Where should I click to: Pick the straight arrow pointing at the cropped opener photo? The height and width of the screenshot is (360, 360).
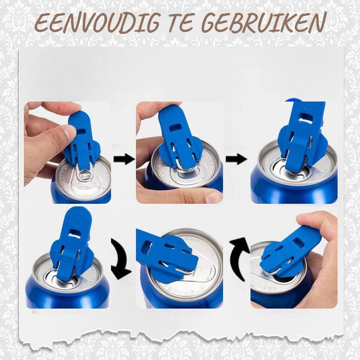click(x=236, y=158)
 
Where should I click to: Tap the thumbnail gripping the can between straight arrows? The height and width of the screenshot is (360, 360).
click(x=212, y=196)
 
